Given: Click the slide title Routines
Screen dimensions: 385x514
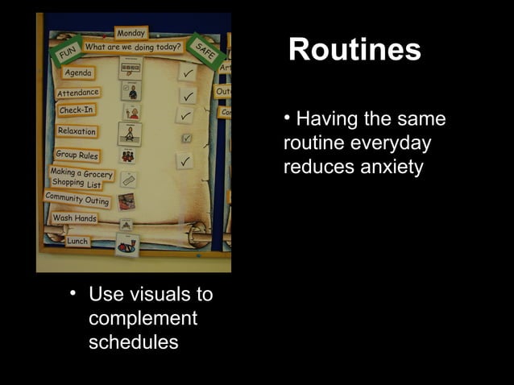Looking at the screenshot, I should coord(354,50).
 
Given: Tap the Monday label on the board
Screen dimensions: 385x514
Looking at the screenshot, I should coord(131,33).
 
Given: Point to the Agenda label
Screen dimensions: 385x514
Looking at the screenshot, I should coord(78,72).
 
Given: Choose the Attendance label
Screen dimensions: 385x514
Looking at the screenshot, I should coord(78,93).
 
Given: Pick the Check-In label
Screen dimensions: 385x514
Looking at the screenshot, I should coord(77,110).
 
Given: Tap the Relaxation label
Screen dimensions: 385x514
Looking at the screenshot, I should coord(77,131).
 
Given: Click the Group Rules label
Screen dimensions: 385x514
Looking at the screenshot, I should coord(77,155).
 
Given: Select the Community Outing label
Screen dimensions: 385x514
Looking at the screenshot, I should coord(77,199).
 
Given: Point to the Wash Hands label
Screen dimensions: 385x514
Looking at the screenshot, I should coord(74,218).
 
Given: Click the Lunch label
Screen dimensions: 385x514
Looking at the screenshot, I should coord(77,241).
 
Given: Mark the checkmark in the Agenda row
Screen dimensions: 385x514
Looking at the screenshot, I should coord(187,74).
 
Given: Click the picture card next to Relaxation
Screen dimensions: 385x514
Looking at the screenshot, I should coord(130,133).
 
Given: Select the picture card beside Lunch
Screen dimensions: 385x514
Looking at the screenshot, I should coord(127,245).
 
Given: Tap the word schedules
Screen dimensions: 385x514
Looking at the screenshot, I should coord(133,342).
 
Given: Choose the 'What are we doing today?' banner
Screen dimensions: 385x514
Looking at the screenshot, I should coord(133,47).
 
